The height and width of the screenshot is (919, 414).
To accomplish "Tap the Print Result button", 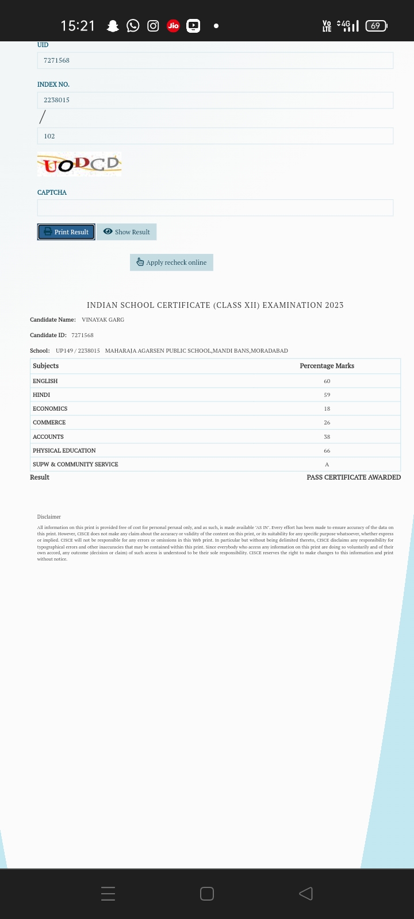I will tap(66, 232).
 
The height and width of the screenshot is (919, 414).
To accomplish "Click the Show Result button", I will tap(126, 232).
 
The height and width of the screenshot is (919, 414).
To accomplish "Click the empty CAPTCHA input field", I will tap(215, 208).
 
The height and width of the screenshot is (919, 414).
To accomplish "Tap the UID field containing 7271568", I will tap(215, 60).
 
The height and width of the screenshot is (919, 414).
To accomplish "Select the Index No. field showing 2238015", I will tap(215, 100).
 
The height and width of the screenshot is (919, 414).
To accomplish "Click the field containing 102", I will tap(215, 136).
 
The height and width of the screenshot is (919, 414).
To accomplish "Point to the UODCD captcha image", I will tap(79, 164).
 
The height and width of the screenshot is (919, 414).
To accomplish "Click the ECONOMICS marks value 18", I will tap(327, 409).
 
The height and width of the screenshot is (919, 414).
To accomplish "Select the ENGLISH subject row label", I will tap(45, 381).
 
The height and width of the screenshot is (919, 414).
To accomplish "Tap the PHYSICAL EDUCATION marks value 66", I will tap(327, 451).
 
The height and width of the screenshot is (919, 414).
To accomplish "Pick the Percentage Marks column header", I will tap(327, 366).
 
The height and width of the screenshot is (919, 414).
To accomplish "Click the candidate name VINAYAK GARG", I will tap(103, 320).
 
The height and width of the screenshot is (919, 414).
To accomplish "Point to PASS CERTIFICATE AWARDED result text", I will tap(354, 477).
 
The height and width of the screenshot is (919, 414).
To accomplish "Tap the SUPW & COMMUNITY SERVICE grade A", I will tap(327, 465).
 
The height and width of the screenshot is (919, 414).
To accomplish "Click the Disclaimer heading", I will tap(49, 517).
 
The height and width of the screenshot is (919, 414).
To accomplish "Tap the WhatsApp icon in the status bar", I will tap(133, 26).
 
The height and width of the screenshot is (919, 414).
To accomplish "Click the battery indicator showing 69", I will tap(376, 26).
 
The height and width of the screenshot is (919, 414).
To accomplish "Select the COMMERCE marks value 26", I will tap(327, 423).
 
